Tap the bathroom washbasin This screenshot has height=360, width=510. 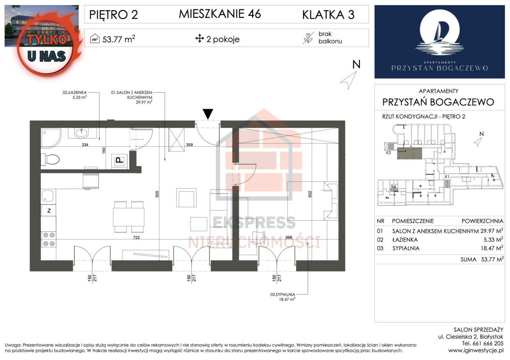(83, 133)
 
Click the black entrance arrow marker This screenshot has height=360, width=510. (207, 114)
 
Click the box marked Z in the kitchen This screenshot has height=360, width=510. (49, 211)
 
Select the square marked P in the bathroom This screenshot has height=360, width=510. (119, 161)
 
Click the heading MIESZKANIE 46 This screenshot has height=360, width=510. (220, 14)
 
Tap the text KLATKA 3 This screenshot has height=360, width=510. (328, 15)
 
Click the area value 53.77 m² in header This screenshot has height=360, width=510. (118, 39)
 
